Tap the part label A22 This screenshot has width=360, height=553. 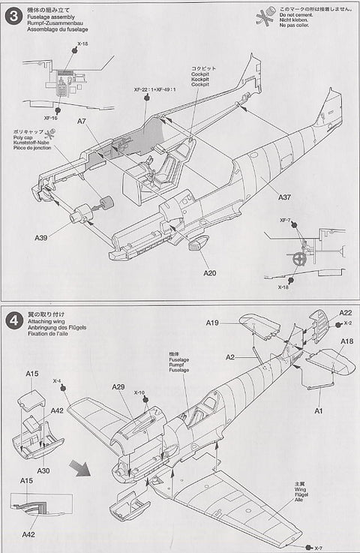click(323, 313)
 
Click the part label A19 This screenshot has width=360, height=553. click(213, 323)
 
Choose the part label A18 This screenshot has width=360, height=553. click(325, 341)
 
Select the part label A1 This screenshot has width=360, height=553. click(317, 410)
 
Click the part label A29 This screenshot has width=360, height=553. click(118, 386)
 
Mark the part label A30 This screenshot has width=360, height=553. click(43, 470)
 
